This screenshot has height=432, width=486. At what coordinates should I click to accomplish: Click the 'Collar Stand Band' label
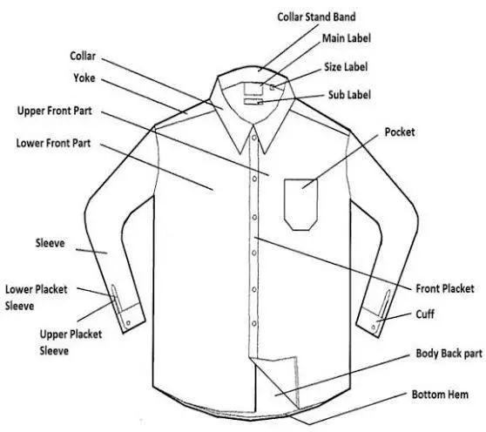[x=316, y=17]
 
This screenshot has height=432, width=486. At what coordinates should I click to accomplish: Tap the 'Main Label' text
[x=347, y=38]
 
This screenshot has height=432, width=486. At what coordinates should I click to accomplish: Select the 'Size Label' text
[x=346, y=66]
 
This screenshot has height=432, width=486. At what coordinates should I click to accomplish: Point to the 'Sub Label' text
[x=349, y=95]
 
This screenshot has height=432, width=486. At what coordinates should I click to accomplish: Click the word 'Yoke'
[x=84, y=78]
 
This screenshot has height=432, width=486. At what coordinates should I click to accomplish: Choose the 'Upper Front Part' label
[x=54, y=111]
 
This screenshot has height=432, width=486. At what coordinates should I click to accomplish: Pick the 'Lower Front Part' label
[x=53, y=143]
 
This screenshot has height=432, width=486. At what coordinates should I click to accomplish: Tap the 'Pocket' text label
[x=400, y=132]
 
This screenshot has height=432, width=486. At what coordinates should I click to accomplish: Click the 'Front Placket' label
[x=445, y=288]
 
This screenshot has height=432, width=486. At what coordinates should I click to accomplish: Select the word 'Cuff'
[x=425, y=314]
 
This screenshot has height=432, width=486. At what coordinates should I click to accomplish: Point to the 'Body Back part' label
[x=449, y=354]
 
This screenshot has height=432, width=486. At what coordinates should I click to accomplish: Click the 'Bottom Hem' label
[x=440, y=395]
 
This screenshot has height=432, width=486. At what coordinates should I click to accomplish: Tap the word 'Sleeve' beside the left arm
[x=50, y=243]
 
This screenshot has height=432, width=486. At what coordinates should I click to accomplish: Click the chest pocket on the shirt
[x=300, y=205]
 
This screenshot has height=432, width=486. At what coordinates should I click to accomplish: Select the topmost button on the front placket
[x=253, y=137]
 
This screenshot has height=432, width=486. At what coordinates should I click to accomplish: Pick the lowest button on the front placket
[x=253, y=323]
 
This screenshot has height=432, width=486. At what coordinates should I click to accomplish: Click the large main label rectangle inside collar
[x=253, y=88]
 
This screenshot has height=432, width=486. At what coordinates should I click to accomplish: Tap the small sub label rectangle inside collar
[x=253, y=101]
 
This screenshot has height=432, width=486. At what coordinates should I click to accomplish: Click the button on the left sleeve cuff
[x=128, y=323]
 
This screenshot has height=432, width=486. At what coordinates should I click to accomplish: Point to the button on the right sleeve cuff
[x=374, y=327]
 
